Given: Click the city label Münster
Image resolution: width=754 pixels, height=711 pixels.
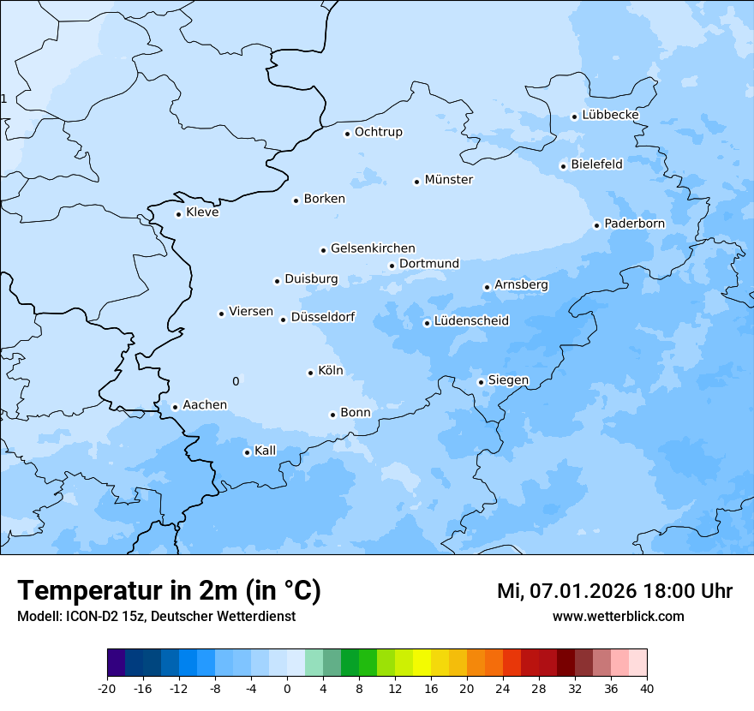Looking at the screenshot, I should coord(448,180).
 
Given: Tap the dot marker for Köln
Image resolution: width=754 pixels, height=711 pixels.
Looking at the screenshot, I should coord(310,373).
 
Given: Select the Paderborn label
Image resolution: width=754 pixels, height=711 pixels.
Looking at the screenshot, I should coord(634,224).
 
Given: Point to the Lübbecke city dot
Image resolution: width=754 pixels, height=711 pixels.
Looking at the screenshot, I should coord(574,117).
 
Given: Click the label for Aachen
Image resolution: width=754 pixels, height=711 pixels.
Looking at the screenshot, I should coord(205,405).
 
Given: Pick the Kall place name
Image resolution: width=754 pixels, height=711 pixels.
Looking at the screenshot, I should coord(266,451).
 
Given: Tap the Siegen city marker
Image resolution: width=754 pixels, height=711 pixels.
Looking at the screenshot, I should coord(481,382).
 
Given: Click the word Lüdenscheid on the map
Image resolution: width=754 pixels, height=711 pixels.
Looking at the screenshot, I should coord(471,321).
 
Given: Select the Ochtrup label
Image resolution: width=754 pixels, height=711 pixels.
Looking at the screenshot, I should coord(378,132).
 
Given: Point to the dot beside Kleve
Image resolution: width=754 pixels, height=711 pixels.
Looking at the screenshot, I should coord(178,214).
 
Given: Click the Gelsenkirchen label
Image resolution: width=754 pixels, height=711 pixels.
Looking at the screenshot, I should coord(373,248).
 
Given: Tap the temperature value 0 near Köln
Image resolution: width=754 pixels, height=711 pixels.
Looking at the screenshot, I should coord(236,381).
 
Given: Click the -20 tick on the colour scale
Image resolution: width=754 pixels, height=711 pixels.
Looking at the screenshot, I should coord(107,688).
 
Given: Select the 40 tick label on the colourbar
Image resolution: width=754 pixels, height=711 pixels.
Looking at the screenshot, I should coord(647,688).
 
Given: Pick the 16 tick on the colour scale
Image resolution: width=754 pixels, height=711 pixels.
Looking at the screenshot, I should coord(431,688).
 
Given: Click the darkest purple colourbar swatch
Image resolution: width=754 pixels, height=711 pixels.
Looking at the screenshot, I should coord(116,663).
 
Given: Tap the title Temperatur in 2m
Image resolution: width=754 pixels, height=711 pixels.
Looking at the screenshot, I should coord(169,590).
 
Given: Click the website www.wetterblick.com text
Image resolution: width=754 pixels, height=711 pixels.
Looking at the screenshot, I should coord(618,617).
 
